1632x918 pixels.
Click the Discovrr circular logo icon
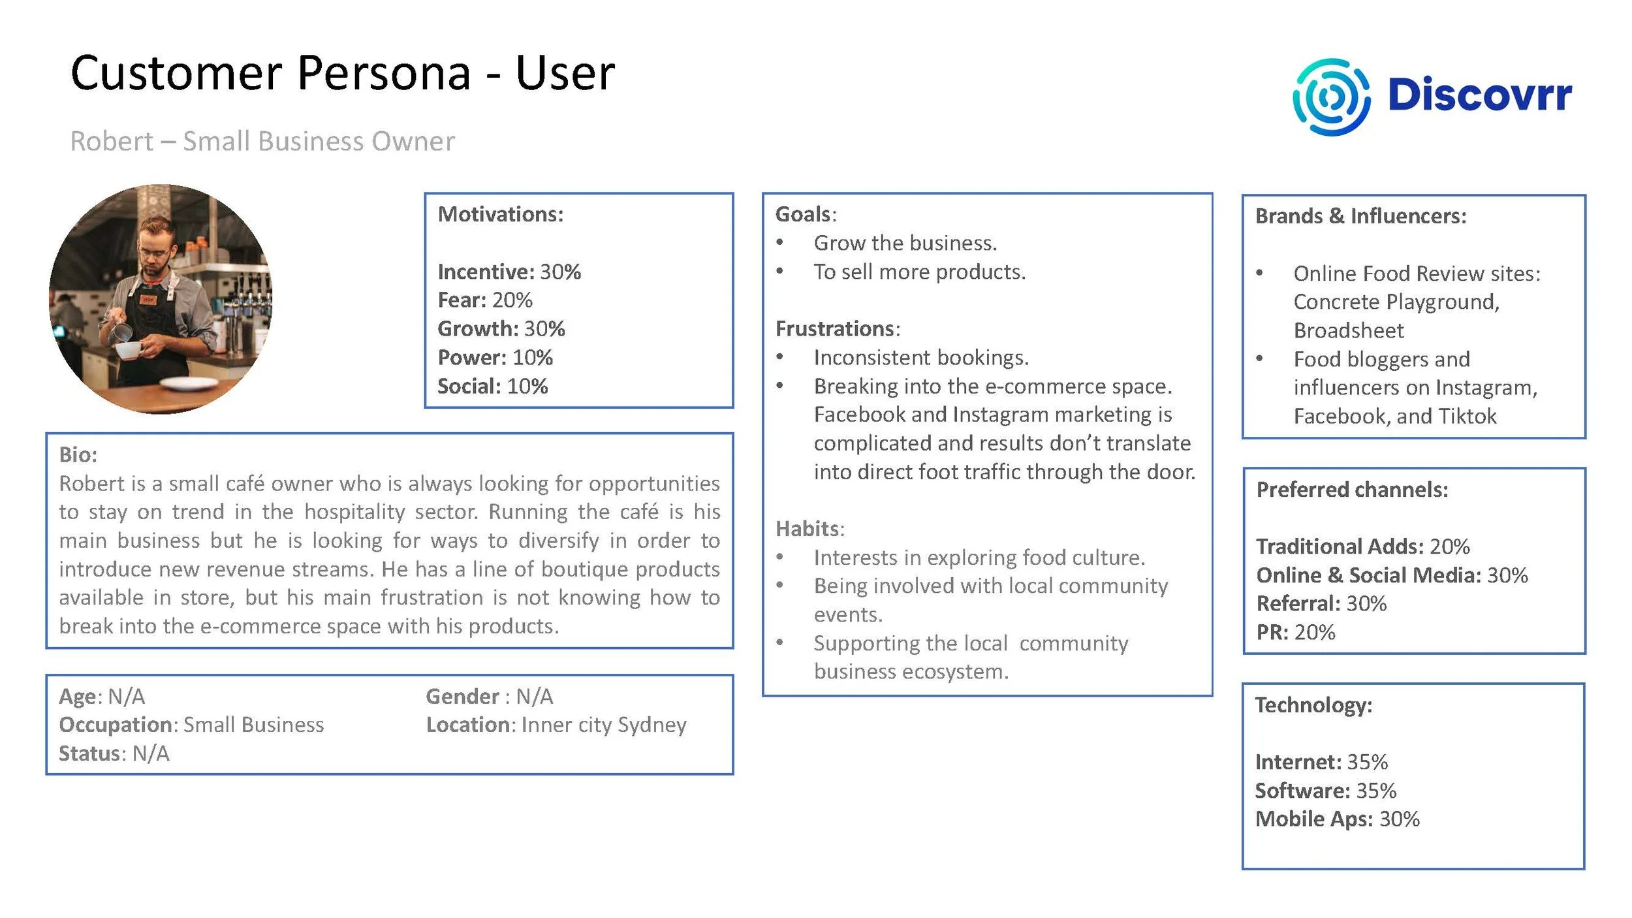tap(1331, 97)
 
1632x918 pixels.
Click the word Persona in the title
tap(383, 73)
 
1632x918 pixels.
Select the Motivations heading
tap(500, 214)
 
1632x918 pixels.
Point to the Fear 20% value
tap(512, 300)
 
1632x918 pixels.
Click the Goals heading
tap(803, 214)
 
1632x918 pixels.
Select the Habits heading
tap(808, 528)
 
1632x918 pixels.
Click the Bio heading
tap(78, 454)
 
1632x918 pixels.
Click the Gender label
tap(462, 696)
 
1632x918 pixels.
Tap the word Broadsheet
tap(1348, 330)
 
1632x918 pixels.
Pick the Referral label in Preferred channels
tap(1298, 603)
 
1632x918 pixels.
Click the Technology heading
tap(1313, 704)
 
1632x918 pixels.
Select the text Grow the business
tap(905, 243)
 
